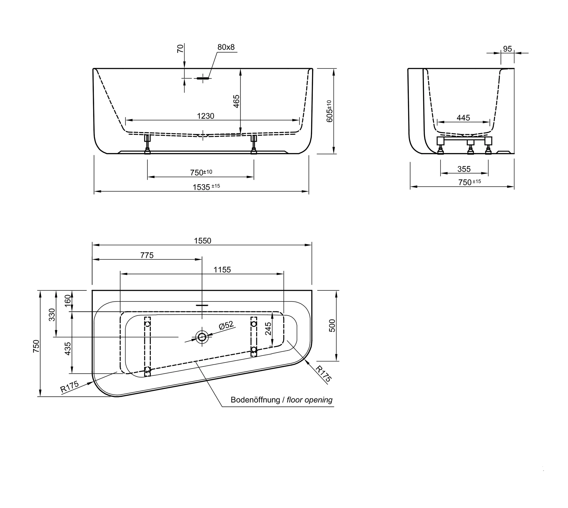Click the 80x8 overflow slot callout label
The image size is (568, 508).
point(226,47)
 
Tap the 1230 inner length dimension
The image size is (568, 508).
point(205,116)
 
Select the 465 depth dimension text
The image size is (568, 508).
point(236,101)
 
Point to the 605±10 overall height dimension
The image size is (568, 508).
point(329,111)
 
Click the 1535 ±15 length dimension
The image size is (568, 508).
point(206,187)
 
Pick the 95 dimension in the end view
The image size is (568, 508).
point(507,49)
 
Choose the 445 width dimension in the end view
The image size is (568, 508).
point(463,118)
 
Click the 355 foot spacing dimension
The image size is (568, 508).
point(464,169)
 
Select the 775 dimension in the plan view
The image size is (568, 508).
point(147,255)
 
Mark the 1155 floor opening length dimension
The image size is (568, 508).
point(222,270)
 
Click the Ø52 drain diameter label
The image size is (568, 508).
point(226,325)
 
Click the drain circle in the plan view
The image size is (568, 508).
point(202,337)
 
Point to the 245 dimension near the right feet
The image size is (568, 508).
point(268,329)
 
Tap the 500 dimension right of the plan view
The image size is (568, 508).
point(332,325)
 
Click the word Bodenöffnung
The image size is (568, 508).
point(255,400)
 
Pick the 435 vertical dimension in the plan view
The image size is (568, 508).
point(68,349)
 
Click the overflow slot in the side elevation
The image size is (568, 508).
point(203,78)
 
